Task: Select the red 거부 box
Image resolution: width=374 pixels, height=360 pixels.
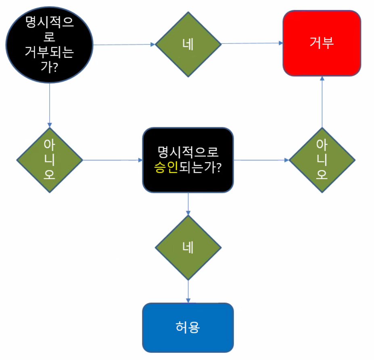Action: click(x=322, y=43)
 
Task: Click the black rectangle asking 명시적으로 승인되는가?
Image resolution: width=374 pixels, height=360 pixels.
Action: click(x=188, y=160)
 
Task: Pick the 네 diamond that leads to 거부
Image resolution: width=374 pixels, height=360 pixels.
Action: click(x=188, y=44)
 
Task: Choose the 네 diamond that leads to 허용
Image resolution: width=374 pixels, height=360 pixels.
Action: click(x=188, y=248)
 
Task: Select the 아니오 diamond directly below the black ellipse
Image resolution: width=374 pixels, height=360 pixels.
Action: click(x=49, y=160)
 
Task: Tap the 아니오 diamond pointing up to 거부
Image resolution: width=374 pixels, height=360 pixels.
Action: click(x=322, y=160)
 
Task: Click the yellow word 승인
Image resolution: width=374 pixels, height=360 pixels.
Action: click(x=166, y=167)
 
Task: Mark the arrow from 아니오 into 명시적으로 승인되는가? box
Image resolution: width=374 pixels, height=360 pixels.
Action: click(x=112, y=160)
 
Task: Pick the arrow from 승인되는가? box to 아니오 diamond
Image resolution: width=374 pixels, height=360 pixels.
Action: click(x=261, y=160)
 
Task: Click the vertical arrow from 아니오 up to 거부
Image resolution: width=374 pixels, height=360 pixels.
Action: click(x=322, y=102)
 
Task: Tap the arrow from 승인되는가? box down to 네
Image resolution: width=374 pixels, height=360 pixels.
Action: click(x=188, y=204)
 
